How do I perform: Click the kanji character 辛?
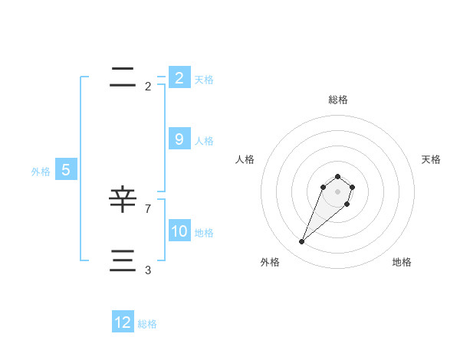click(123, 200)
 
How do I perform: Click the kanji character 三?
click(123, 261)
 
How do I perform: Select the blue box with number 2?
click(179, 78)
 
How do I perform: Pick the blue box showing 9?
click(179, 139)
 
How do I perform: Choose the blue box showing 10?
click(179, 231)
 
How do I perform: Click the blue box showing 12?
click(123, 322)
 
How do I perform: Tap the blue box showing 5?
click(66, 170)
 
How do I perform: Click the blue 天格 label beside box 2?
click(204, 80)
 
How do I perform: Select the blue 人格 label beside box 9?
click(204, 141)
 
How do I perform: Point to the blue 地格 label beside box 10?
click(204, 233)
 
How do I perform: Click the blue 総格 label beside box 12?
click(147, 324)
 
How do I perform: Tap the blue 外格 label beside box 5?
click(41, 172)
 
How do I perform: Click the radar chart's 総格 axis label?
click(338, 100)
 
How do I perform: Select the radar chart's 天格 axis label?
click(431, 159)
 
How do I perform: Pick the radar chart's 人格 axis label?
click(245, 159)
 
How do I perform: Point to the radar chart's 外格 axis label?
click(270, 262)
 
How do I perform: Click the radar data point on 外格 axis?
click(302, 242)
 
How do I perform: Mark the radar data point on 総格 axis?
click(338, 176)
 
